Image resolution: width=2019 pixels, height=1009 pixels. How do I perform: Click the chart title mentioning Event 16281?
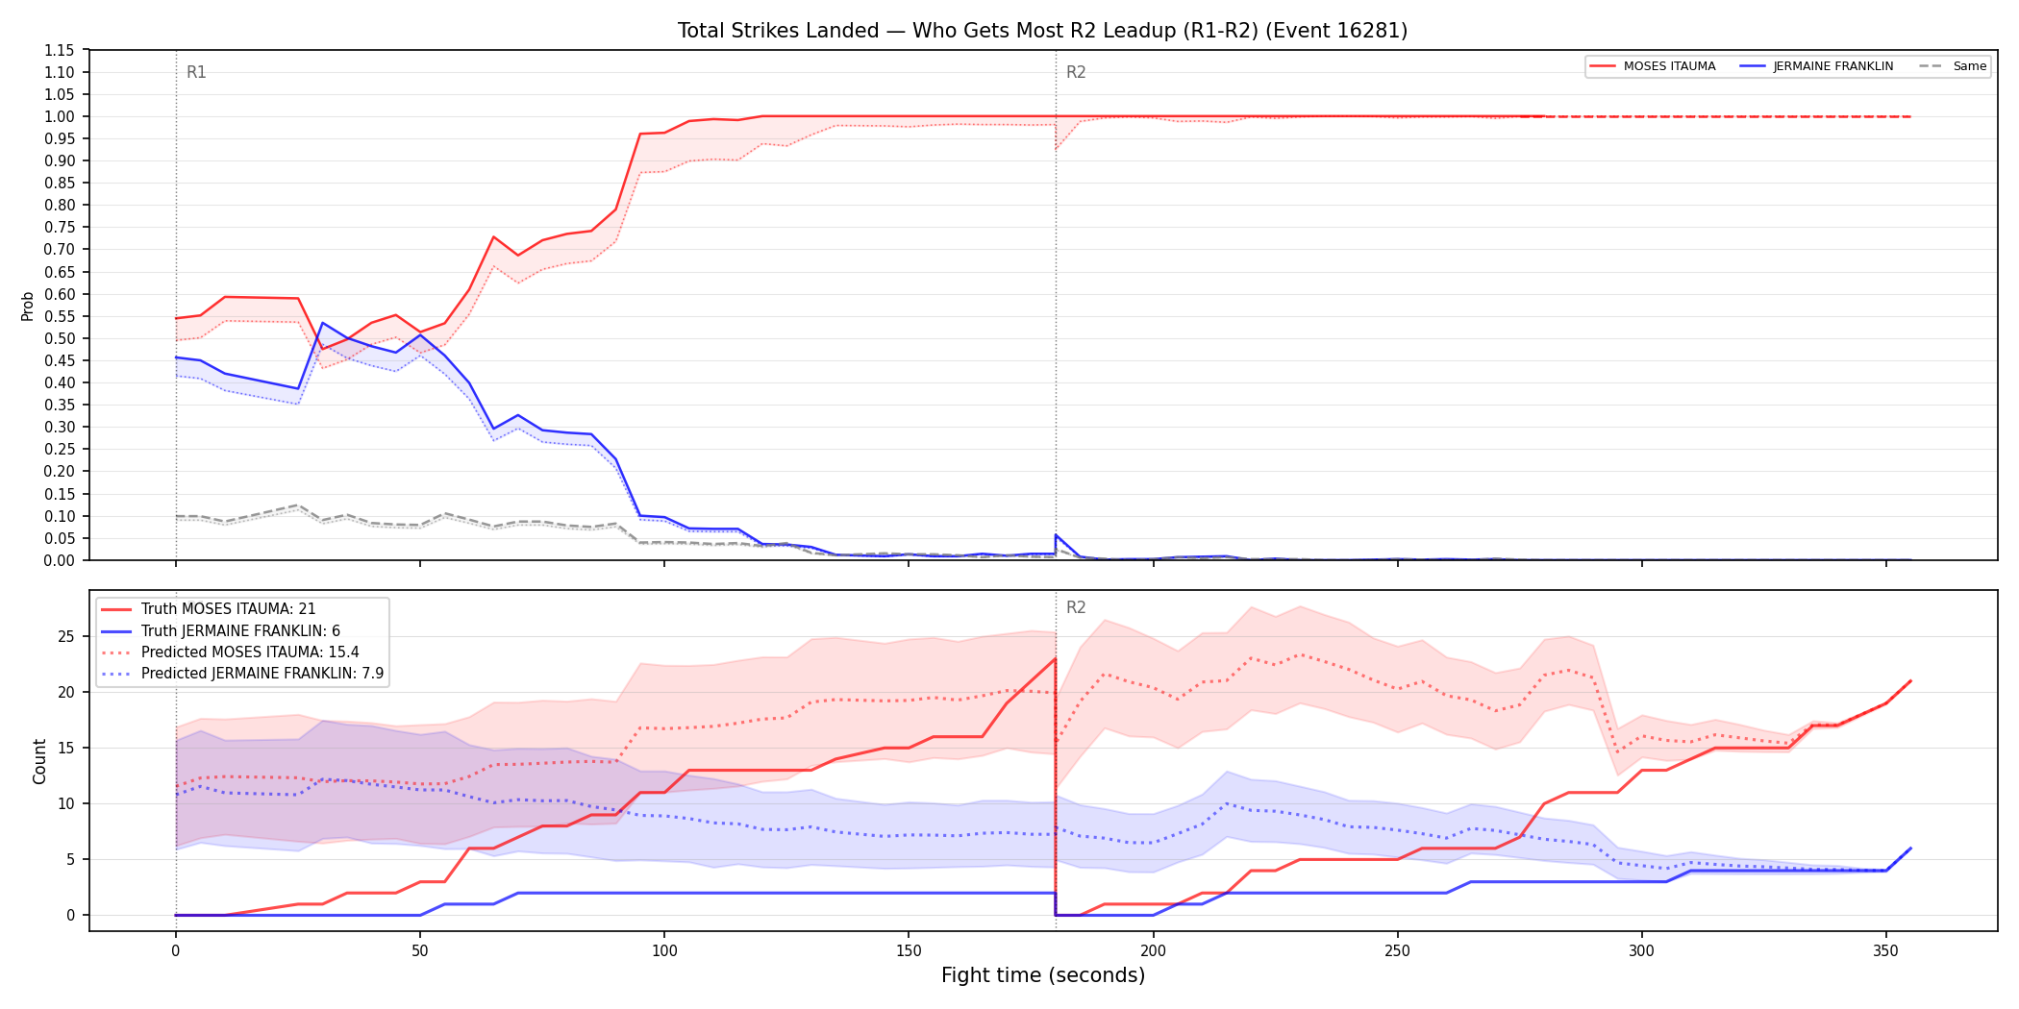tap(1042, 31)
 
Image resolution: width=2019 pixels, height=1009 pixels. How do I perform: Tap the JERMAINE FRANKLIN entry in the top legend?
tap(1817, 66)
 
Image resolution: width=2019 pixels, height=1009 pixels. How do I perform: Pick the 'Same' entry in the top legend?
tap(1953, 66)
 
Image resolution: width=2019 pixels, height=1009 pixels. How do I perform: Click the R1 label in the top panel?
tap(196, 72)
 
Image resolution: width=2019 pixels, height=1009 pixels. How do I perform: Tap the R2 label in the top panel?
tap(1076, 72)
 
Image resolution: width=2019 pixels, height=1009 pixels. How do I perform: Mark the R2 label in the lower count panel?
tap(1076, 607)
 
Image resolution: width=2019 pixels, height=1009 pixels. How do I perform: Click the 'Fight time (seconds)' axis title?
tap(1043, 975)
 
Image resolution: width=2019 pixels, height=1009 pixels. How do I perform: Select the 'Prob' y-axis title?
tap(28, 306)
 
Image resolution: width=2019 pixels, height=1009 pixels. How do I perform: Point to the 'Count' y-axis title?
tap(39, 761)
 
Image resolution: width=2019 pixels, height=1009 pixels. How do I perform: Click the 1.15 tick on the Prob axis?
tap(59, 50)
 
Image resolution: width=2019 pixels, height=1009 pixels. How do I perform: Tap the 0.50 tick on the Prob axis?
tap(59, 338)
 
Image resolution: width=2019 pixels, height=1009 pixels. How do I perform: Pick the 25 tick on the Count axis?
tap(65, 636)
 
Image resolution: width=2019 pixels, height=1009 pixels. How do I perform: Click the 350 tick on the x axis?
tap(1885, 951)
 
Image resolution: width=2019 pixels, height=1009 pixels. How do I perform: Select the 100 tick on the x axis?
tap(664, 951)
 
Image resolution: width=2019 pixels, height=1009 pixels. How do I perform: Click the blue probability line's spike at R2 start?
tap(1056, 534)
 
